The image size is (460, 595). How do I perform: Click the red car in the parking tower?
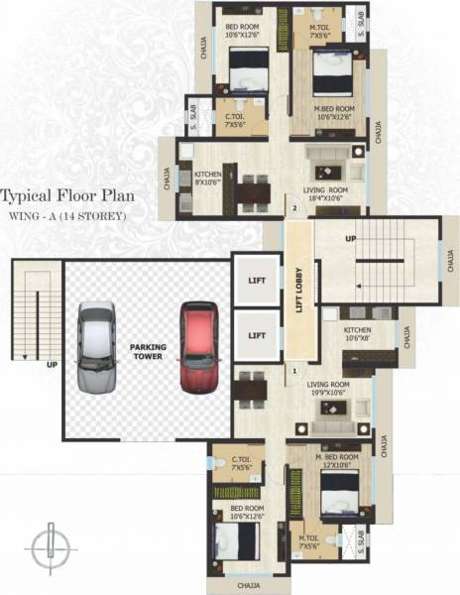point(195,348)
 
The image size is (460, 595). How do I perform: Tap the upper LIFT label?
point(257,281)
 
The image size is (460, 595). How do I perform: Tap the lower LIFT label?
point(257,335)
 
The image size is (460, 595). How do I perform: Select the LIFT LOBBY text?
point(298,293)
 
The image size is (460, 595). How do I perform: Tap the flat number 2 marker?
point(294,208)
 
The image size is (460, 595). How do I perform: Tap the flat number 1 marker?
point(294,372)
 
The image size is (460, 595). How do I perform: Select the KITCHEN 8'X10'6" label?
point(207,178)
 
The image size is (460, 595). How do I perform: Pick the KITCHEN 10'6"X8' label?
point(357,333)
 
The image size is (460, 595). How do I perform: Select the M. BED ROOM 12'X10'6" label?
point(335,460)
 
